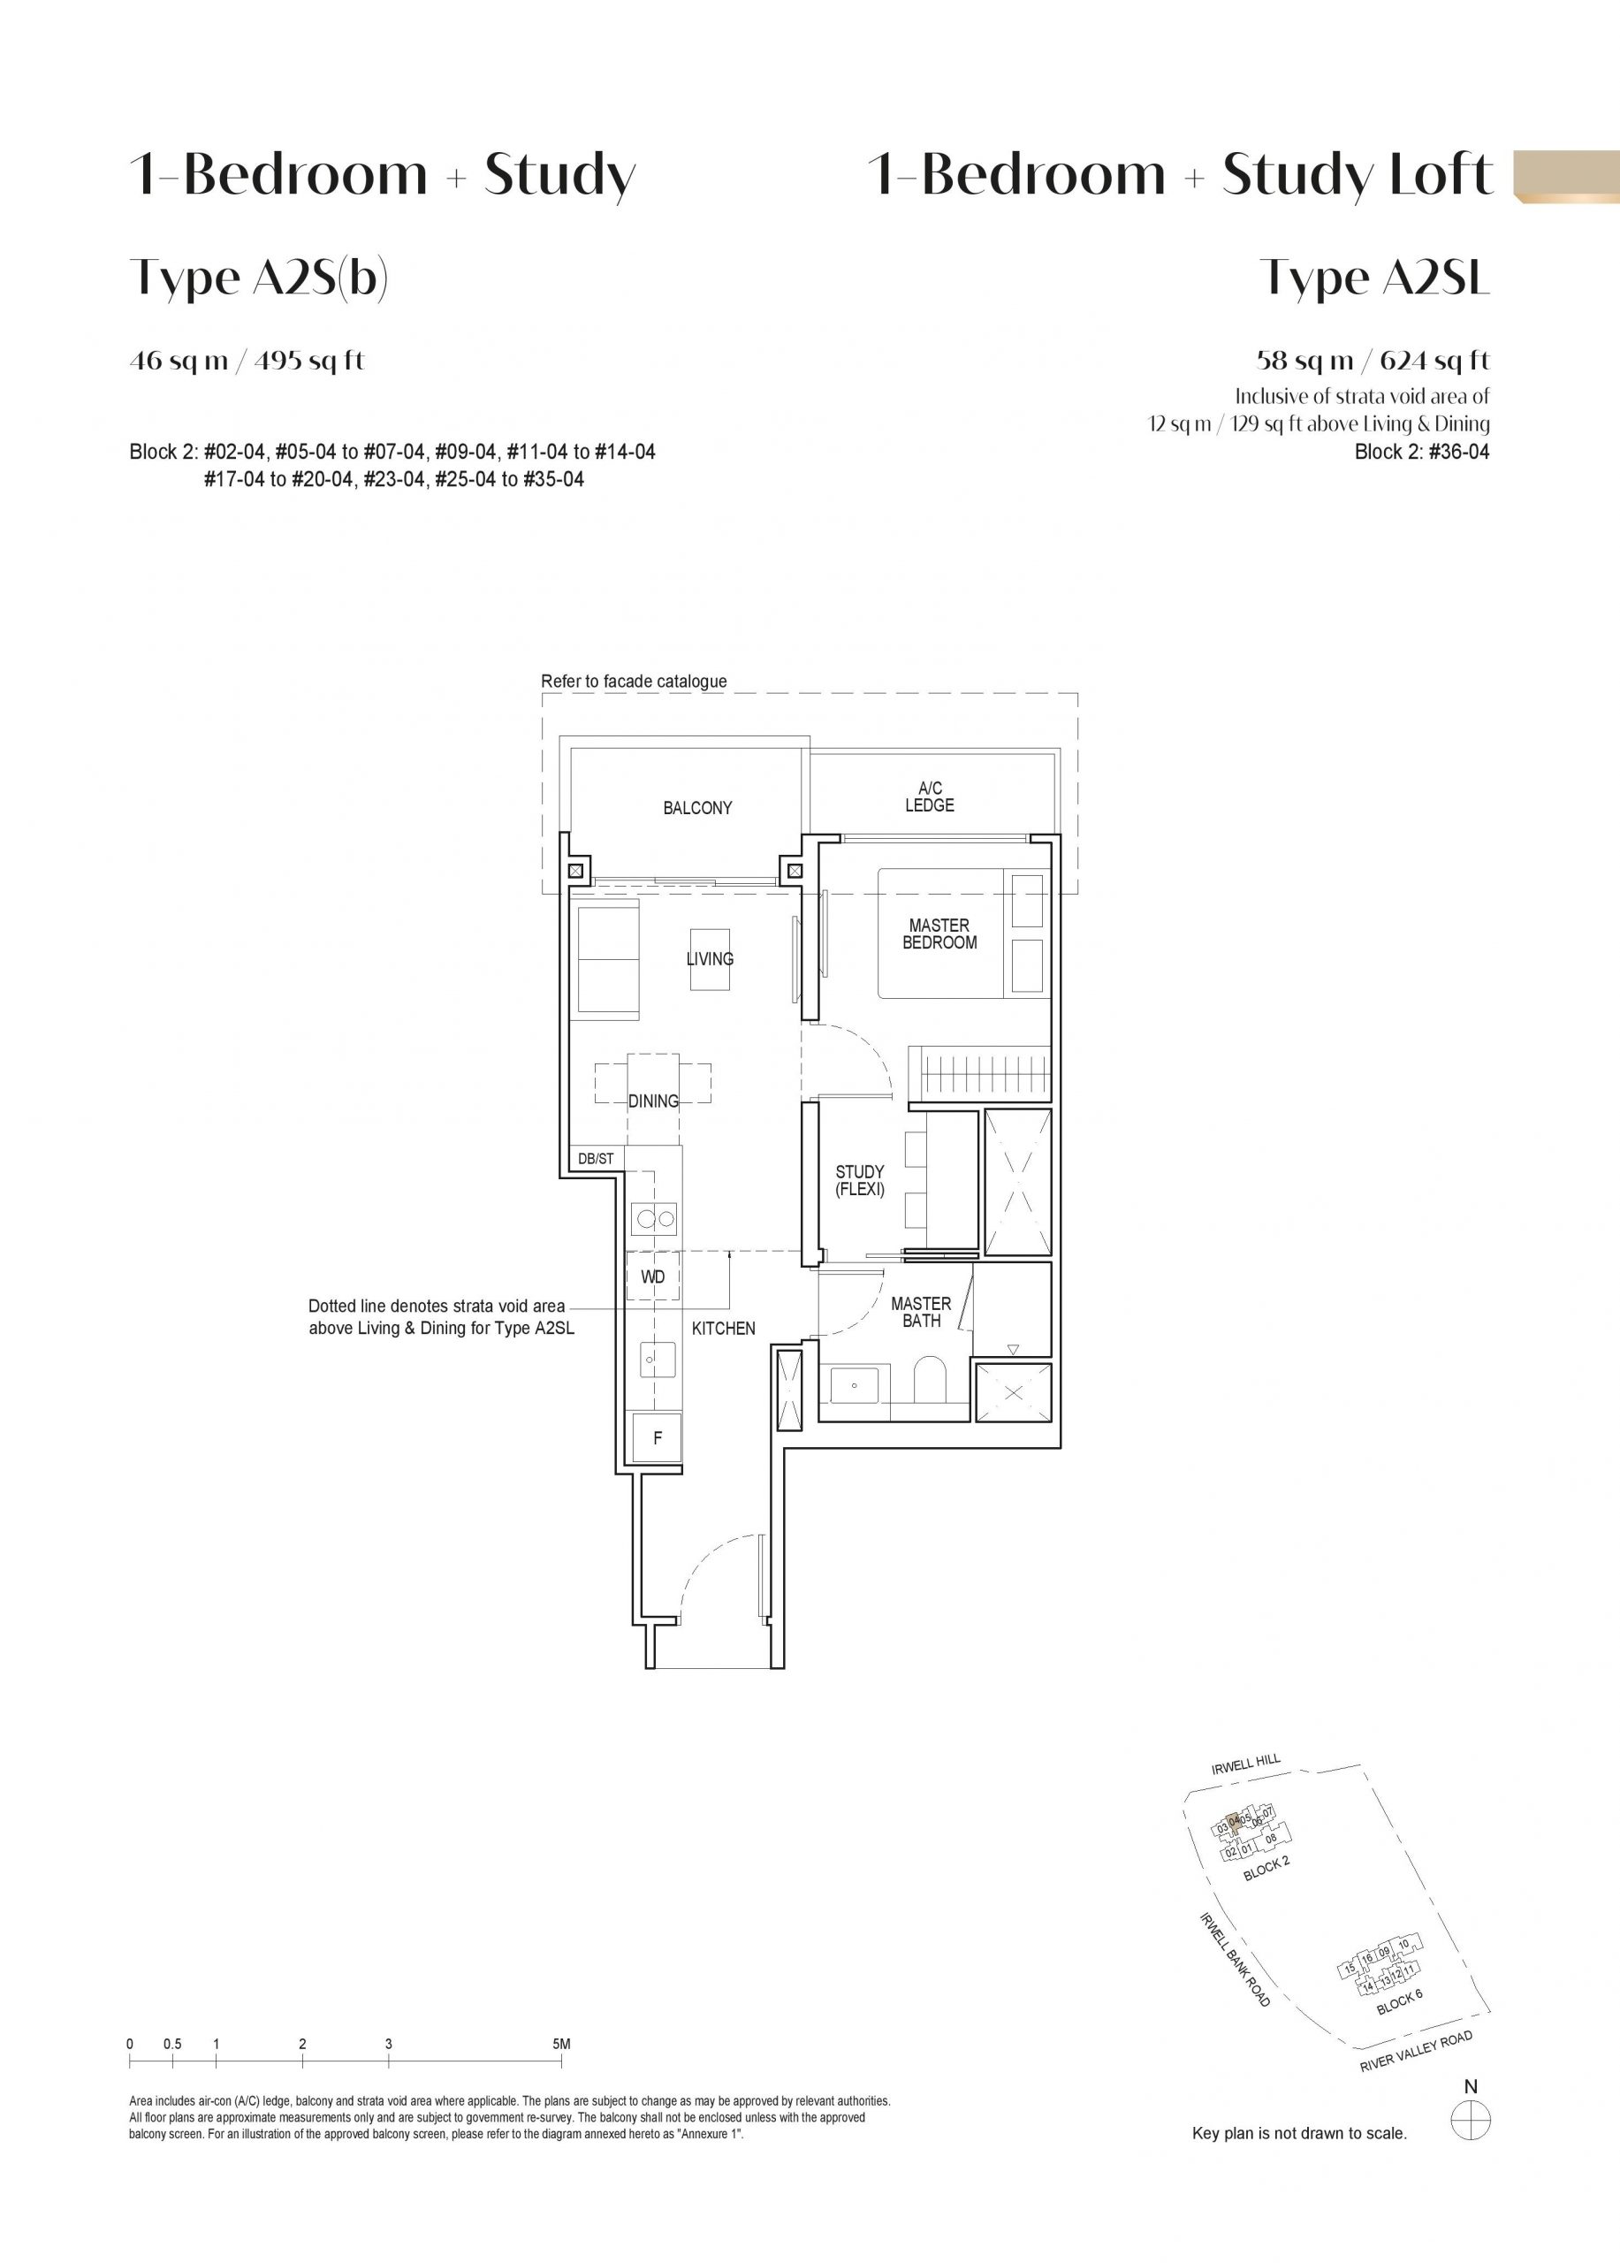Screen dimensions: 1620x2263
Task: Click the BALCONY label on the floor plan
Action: click(697, 808)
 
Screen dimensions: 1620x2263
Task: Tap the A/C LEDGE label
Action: click(930, 797)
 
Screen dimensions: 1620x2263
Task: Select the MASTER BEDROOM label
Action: click(939, 934)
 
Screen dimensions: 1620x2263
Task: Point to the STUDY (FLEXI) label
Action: click(860, 1180)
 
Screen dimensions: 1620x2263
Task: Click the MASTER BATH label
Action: click(921, 1312)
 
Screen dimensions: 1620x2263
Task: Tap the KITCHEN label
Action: click(723, 1329)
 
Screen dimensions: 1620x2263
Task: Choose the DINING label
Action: click(653, 1101)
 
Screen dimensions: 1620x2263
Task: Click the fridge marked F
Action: click(658, 1438)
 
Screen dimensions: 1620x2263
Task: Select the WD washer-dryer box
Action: click(653, 1277)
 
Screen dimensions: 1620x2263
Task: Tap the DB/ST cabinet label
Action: click(596, 1158)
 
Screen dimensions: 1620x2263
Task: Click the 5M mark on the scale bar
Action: click(561, 2045)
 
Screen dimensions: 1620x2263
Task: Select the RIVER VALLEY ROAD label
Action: click(1416, 2053)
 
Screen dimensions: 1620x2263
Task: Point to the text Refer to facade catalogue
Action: click(635, 682)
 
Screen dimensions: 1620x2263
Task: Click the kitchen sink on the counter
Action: click(658, 1359)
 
